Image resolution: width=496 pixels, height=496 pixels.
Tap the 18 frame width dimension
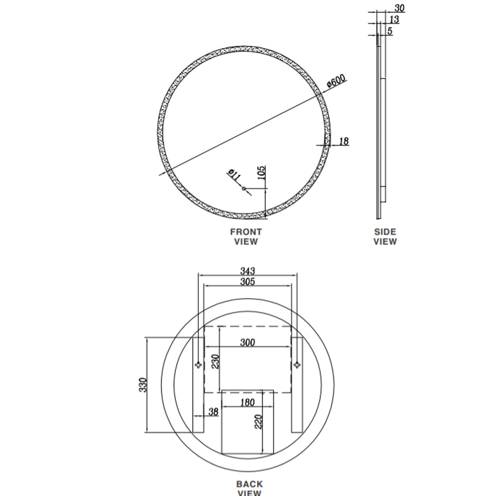344,141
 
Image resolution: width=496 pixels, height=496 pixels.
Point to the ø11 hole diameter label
234,174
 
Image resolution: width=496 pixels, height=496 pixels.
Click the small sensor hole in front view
244,189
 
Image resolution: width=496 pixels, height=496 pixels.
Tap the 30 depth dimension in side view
399,8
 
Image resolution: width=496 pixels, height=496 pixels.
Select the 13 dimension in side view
394,19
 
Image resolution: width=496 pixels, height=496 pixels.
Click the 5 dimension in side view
390,31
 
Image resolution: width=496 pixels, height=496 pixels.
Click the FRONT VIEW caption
246,237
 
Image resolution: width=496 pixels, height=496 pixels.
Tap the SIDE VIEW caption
385,237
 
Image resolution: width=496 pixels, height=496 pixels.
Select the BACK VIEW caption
249,488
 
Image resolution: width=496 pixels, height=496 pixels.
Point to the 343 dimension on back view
248,271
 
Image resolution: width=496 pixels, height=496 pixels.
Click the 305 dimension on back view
248,282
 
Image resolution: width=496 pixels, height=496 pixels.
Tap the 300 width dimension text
247,342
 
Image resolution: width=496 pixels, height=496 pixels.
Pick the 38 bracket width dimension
213,412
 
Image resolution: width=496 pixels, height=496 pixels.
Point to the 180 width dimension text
247,402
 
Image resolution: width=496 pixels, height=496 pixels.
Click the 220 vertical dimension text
259,422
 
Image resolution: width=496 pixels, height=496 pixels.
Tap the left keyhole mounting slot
198,365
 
